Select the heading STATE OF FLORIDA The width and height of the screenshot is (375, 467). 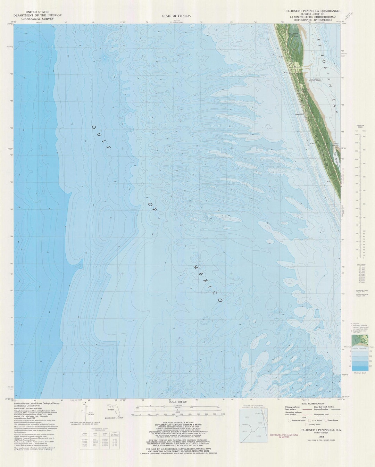(176, 16)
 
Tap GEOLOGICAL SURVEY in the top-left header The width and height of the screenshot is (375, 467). (37, 19)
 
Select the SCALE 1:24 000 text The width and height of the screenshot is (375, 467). (177, 402)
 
